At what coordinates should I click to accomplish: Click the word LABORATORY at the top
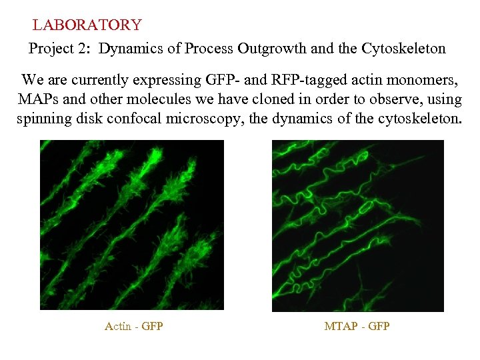point(87,25)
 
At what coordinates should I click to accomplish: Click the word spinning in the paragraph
point(44,121)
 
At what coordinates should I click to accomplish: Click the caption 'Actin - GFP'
point(134,326)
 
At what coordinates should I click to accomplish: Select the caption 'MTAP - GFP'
point(357,326)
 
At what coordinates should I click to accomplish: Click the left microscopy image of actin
point(132,225)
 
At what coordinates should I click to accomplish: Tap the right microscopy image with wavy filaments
point(357,225)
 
